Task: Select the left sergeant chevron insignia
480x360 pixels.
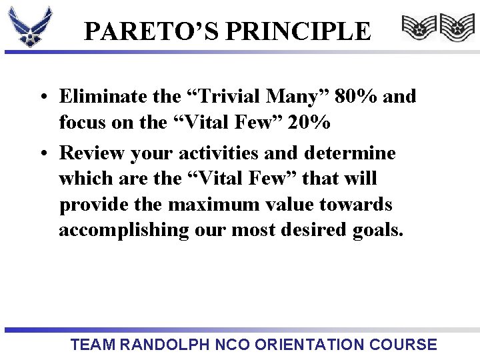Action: pos(418,28)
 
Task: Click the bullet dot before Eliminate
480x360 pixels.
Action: pos(42,97)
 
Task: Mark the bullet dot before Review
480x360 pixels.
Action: pos(42,154)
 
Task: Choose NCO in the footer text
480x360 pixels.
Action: pos(233,345)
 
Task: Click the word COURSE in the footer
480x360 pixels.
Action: pos(405,345)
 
